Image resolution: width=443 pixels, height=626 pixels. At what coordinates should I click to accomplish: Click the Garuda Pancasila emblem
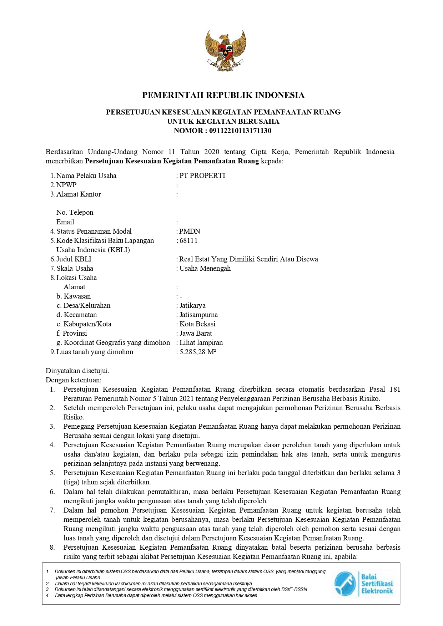click(x=225, y=50)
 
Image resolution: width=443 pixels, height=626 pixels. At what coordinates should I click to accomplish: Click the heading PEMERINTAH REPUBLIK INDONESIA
click(x=223, y=95)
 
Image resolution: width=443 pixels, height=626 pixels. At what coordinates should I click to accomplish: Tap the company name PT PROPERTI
click(x=202, y=175)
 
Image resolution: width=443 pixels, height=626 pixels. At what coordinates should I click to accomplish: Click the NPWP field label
click(x=66, y=185)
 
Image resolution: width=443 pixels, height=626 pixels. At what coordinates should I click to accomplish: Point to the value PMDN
click(x=190, y=231)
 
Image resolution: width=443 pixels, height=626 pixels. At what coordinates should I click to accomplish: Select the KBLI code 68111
click(x=188, y=240)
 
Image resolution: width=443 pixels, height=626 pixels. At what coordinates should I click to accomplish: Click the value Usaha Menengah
click(x=205, y=268)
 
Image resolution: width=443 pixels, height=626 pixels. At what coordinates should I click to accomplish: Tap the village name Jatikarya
click(x=192, y=305)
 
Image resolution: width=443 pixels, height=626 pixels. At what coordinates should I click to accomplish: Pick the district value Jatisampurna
click(x=198, y=315)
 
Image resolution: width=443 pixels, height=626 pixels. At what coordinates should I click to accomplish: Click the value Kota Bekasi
click(x=197, y=324)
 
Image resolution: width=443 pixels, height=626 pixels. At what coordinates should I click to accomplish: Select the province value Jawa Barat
click(x=196, y=333)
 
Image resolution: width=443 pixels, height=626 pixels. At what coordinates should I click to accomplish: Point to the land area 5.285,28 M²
click(x=198, y=352)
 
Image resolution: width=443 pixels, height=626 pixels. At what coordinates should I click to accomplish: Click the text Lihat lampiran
click(x=201, y=342)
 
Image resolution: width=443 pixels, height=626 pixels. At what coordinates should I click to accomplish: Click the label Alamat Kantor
click(x=79, y=194)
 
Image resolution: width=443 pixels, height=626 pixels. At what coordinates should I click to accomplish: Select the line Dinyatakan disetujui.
click(x=77, y=371)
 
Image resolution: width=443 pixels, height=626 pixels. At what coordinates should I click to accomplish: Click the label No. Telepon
click(x=75, y=212)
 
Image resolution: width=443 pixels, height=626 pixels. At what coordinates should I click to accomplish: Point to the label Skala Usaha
click(x=75, y=268)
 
